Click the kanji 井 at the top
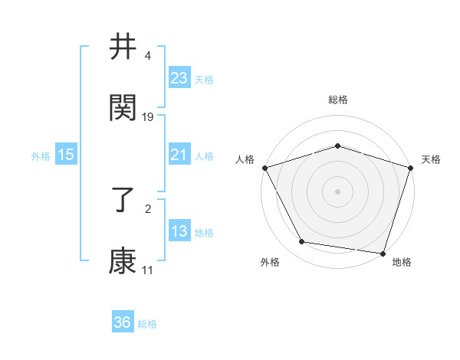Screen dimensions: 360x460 (123, 48)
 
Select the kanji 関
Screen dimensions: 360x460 (123, 108)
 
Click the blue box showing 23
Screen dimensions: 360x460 (179, 78)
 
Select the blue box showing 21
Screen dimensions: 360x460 (179, 155)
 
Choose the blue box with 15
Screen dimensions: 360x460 (65, 155)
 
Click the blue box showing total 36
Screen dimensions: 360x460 (123, 322)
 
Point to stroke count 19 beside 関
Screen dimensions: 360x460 (148, 117)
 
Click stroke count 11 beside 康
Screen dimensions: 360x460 (147, 270)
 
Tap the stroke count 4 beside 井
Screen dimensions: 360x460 (147, 57)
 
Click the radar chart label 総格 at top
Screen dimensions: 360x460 (337, 100)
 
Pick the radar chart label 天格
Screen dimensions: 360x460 (431, 159)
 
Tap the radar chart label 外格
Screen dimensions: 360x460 (270, 262)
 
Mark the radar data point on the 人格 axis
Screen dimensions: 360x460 (264, 168)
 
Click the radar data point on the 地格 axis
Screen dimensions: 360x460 (383, 253)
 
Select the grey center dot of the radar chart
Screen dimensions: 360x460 (337, 191)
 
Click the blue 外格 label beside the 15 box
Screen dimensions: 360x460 (41, 156)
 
